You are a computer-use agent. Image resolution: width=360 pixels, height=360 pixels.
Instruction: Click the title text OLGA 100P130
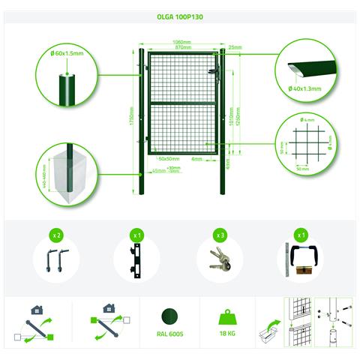[x=180, y=14]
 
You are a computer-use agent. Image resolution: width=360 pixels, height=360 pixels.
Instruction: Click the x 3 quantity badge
[x=220, y=235]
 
